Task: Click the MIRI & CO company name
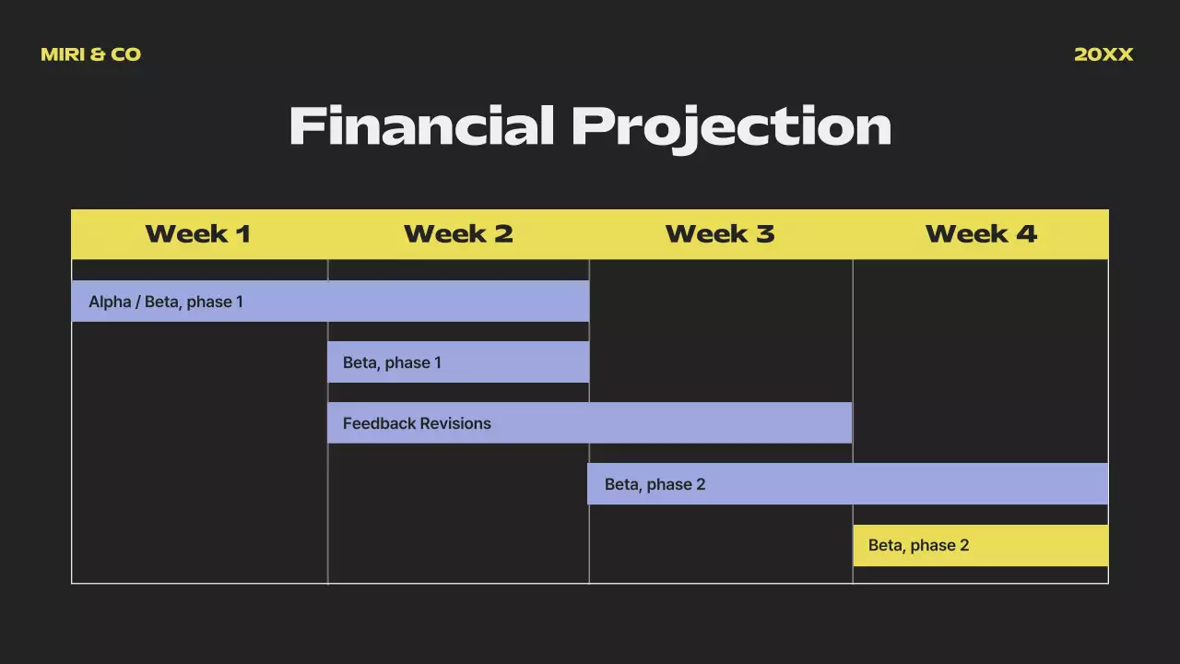pyautogui.click(x=90, y=54)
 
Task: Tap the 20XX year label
pyautogui.click(x=1103, y=54)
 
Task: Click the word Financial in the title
pyautogui.click(x=420, y=126)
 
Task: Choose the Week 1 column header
pyautogui.click(x=197, y=234)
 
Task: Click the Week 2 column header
pyautogui.click(x=458, y=234)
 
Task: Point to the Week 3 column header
pyautogui.click(x=719, y=234)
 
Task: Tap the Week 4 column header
pyautogui.click(x=981, y=234)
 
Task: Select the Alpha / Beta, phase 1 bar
pyautogui.click(x=330, y=302)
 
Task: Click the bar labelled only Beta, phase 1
pyautogui.click(x=458, y=362)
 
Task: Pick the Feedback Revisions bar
pyautogui.click(x=589, y=423)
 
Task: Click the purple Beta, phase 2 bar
pyautogui.click(x=847, y=484)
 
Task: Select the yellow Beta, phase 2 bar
pyautogui.click(x=980, y=545)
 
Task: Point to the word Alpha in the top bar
pyautogui.click(x=109, y=302)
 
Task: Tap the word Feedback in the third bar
pyautogui.click(x=379, y=423)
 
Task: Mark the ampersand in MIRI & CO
pyautogui.click(x=99, y=54)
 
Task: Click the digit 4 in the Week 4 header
pyautogui.click(x=1026, y=234)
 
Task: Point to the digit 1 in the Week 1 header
pyautogui.click(x=242, y=234)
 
